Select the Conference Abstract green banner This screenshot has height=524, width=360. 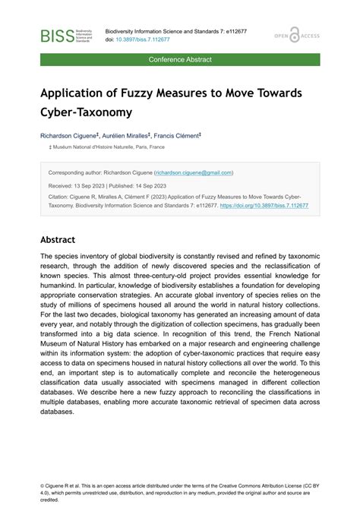[180, 59]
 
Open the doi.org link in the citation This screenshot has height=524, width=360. [264, 206]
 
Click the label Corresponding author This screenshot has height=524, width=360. [74, 172]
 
